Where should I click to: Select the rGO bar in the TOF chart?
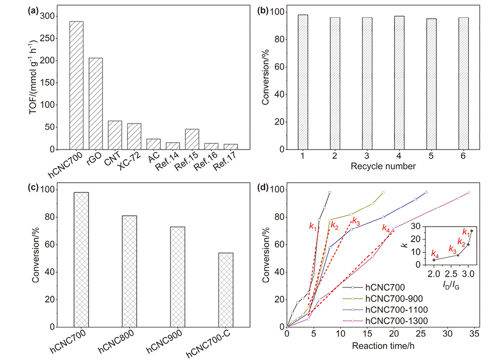coord(96,103)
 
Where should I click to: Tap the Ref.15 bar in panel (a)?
coord(192,139)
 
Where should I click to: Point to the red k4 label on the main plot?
coord(386,228)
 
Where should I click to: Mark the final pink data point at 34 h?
coord(469,192)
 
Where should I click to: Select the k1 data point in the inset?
coord(472,230)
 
